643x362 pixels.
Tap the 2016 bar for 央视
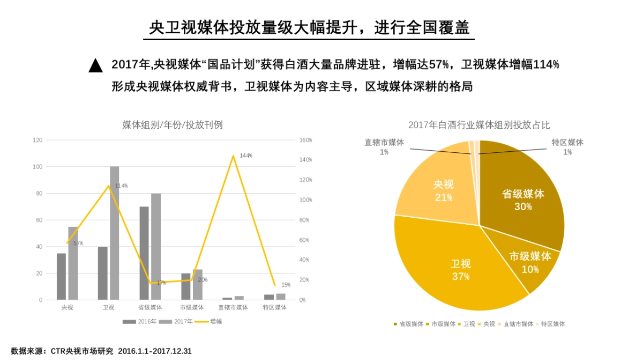coord(61,276)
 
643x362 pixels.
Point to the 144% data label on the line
coord(246,156)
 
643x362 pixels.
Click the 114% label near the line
coord(121,186)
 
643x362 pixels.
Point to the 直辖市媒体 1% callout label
coord(384,147)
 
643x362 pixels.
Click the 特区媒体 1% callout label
coord(567,147)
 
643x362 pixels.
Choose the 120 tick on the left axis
coord(38,140)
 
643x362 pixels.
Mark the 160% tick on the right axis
coord(305,140)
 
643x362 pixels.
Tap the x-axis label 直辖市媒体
coord(233,307)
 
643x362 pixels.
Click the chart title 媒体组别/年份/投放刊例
coord(173,125)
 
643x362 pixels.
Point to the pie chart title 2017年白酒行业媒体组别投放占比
coord(479,125)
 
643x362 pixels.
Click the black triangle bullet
coord(95,65)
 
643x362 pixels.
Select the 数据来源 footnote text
coord(101,351)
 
